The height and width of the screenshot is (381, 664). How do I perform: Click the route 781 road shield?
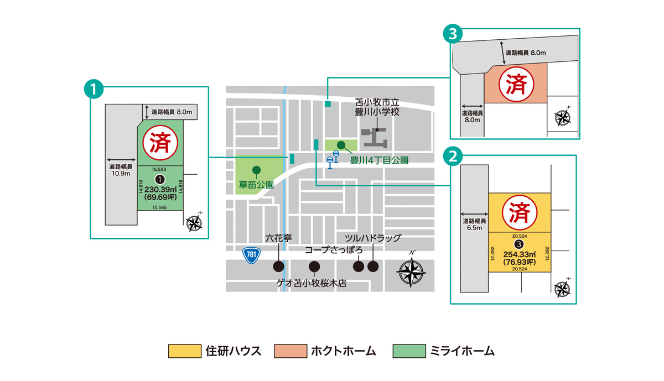coord(251,255)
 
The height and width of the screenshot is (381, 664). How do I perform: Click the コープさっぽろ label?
coord(334,250)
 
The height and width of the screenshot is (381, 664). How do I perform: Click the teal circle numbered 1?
coord(94,88)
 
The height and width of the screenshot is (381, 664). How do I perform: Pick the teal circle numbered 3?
coord(453,34)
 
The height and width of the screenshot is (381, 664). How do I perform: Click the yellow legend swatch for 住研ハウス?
coord(184,351)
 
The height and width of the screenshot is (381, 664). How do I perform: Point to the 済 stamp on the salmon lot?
coord(515,83)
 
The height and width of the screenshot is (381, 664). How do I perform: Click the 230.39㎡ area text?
coord(159,189)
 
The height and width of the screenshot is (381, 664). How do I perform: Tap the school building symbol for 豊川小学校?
coord(376,137)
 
